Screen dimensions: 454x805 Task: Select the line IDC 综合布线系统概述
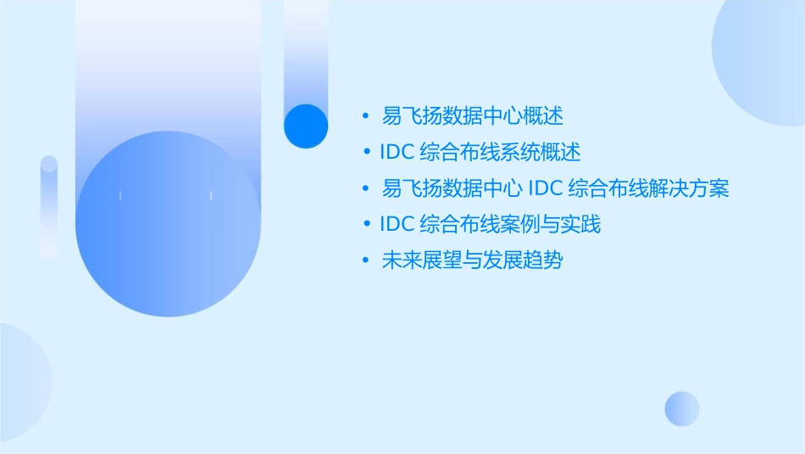tap(480, 153)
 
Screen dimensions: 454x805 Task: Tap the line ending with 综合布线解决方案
tap(556, 188)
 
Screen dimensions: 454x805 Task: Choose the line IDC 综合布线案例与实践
tap(491, 225)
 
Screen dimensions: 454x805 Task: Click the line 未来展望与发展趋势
tap(473, 261)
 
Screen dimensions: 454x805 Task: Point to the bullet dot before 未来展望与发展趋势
tap(366, 261)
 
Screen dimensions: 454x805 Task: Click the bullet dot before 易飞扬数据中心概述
tap(366, 115)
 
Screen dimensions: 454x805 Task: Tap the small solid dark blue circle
tap(305, 126)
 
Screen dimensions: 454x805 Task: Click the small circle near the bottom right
tap(682, 408)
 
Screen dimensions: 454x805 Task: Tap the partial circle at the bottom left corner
tap(21, 382)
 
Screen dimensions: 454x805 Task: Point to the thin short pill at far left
tap(49, 205)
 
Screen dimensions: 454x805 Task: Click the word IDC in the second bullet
tap(396, 153)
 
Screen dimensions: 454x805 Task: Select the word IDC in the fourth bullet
tap(396, 225)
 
